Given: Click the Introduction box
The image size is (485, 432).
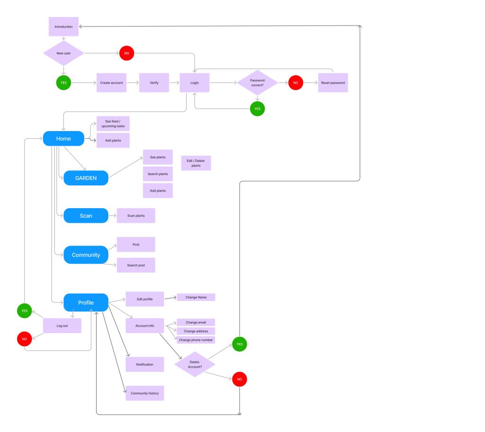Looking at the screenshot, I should tap(63, 26).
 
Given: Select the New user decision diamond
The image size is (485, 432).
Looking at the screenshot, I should tap(63, 53).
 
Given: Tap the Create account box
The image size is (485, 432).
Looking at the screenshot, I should tap(111, 83).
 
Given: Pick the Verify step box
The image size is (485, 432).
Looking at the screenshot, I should tap(154, 83).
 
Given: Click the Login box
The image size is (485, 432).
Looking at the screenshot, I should tap(194, 83).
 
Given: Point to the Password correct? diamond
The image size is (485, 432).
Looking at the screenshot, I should tap(257, 83).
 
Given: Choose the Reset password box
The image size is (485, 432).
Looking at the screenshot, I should tap(332, 83).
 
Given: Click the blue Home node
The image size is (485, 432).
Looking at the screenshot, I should tap(63, 139).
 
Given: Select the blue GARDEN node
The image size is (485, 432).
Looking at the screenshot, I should tap(86, 178).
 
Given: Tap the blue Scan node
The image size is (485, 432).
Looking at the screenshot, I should tap(86, 216).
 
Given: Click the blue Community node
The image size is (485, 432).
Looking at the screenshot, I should tap(86, 255).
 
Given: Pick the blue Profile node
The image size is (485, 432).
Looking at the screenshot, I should tap(86, 303).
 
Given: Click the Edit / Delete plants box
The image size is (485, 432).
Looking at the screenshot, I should tap(196, 163).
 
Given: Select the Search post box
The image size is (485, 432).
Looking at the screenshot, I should tap(136, 265).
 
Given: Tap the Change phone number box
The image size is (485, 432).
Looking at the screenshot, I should tap(196, 340).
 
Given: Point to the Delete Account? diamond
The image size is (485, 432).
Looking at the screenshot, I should tap(195, 364).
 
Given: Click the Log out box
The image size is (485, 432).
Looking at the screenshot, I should tap(62, 326).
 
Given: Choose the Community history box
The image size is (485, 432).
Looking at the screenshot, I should tap(145, 393).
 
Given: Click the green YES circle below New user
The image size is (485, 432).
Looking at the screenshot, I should tap(63, 83).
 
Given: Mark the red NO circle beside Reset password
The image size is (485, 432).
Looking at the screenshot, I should tap(296, 83).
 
